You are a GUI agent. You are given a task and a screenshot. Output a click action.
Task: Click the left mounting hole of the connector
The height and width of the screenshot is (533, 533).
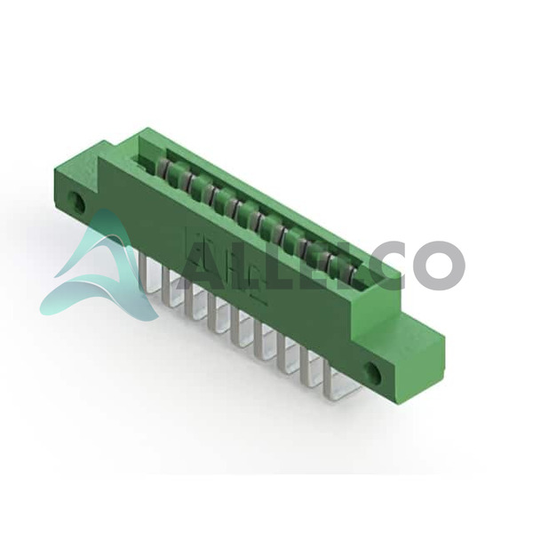click(x=77, y=201)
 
